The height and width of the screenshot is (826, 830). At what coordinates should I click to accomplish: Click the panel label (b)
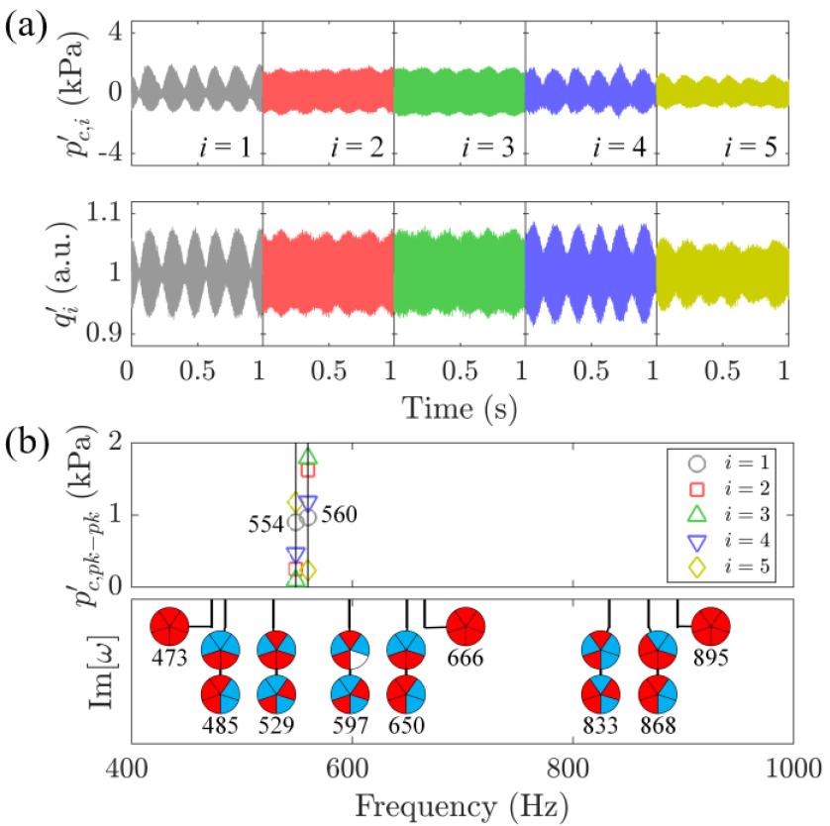tap(27, 443)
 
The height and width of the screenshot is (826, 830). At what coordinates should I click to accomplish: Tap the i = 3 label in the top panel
tap(487, 147)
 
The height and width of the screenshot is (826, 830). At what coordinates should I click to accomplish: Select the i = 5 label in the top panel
tap(750, 147)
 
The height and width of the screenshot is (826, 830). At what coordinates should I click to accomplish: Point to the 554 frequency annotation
tap(266, 524)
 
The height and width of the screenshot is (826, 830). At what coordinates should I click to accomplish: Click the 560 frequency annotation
tap(340, 514)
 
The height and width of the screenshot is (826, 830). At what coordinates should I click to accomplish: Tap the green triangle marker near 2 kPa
tap(308, 457)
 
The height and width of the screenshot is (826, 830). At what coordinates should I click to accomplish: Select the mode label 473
tap(169, 658)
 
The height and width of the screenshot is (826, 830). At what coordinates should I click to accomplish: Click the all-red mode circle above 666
tap(466, 626)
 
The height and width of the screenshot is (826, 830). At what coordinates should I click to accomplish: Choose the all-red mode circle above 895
tap(711, 626)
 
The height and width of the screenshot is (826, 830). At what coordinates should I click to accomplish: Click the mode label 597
tap(351, 725)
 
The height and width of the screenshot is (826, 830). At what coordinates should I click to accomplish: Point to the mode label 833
tap(600, 725)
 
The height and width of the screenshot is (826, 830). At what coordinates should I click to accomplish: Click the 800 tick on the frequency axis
tap(569, 768)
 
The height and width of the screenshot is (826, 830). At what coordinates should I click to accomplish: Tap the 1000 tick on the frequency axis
tap(793, 768)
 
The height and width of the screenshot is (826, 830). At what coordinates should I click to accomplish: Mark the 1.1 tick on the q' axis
tap(104, 213)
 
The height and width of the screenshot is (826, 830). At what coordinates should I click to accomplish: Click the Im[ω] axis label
tap(102, 671)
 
